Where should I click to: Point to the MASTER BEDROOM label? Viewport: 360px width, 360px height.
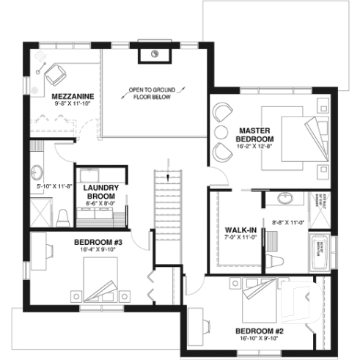(x=255, y=134)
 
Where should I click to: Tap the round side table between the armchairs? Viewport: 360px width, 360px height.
(x=220, y=133)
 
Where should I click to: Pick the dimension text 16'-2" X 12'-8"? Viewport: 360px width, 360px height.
(x=255, y=146)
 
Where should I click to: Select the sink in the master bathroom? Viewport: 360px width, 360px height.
(x=285, y=198)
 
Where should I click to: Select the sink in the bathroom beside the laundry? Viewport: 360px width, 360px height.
(x=37, y=174)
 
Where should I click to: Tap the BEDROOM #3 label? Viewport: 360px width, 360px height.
(x=98, y=241)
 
